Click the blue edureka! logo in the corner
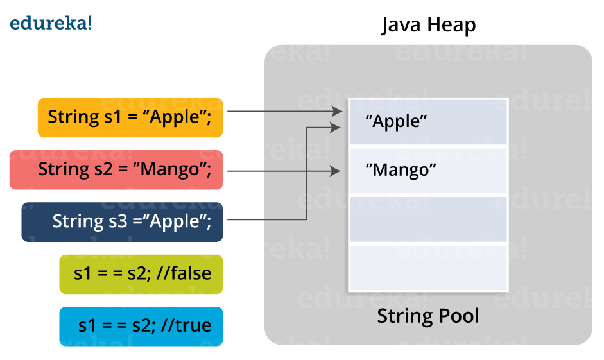(x=51, y=24)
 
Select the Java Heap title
(x=428, y=26)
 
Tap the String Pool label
(x=428, y=316)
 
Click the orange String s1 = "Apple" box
(x=130, y=117)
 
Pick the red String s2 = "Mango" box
(x=116, y=170)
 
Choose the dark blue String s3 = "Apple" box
(x=122, y=221)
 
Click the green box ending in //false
(x=141, y=273)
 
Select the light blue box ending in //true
(x=141, y=325)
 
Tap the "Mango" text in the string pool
(x=401, y=171)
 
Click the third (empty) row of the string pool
(x=427, y=219)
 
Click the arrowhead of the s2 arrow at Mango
(x=335, y=171)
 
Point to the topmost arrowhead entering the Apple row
(x=338, y=112)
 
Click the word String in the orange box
(x=70, y=117)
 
